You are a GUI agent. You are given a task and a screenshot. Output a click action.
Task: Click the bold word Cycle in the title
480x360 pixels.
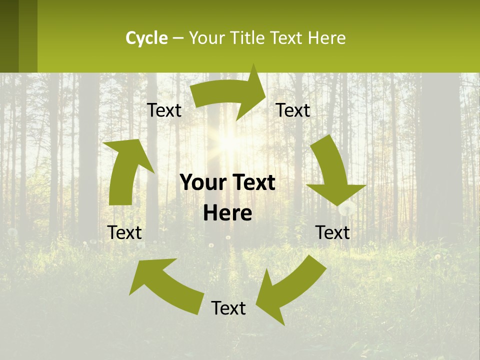click(146, 38)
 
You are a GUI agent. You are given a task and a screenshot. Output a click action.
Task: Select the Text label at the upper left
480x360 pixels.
click(164, 110)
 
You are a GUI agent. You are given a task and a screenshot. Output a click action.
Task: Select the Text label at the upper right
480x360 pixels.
click(293, 110)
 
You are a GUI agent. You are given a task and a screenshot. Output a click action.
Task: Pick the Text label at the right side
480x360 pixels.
click(332, 232)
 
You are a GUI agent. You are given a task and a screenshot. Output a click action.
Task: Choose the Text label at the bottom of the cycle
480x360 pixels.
click(228, 308)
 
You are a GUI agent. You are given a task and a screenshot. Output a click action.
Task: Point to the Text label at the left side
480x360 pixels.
click(124, 232)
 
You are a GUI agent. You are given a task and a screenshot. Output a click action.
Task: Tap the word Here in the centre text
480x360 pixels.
click(227, 213)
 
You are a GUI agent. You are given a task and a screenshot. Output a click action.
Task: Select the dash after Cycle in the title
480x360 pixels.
click(178, 38)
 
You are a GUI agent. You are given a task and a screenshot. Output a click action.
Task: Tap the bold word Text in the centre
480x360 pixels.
click(254, 183)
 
